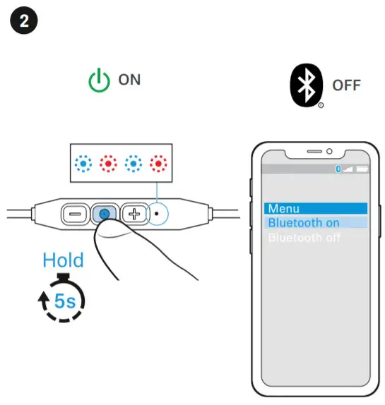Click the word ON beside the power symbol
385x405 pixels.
[x=129, y=80]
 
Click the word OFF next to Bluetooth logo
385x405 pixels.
[x=346, y=86]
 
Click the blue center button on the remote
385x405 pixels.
[x=104, y=212]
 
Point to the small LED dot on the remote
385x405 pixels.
[x=156, y=212]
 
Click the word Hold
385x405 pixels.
[x=63, y=260]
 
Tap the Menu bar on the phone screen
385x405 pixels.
[x=316, y=208]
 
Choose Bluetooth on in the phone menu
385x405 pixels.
[x=316, y=223]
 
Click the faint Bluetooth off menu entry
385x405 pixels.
[x=304, y=238]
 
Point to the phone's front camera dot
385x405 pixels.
[x=329, y=151]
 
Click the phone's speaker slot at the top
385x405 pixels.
[x=311, y=151]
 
